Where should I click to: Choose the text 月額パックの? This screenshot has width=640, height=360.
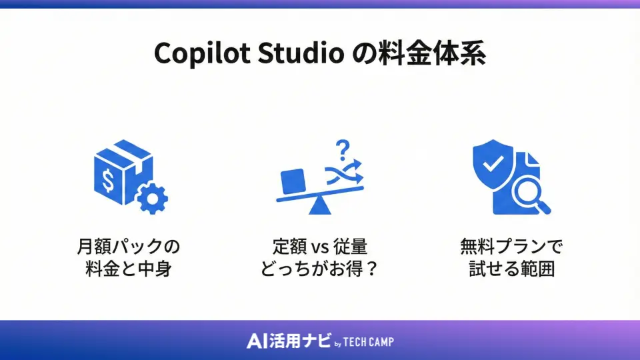129,247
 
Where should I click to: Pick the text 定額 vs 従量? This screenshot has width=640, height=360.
320,247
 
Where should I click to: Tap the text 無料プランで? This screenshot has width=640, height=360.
511,247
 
